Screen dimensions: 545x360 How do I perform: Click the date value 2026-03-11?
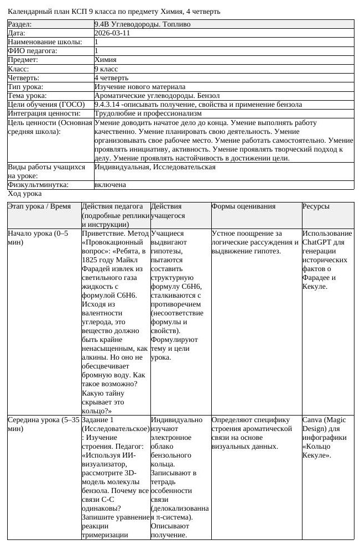(x=113, y=33)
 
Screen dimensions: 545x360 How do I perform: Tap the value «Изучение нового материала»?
(x=140, y=87)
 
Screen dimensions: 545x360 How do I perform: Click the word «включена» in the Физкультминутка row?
(x=110, y=185)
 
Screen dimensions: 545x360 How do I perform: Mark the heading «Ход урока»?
(x=24, y=194)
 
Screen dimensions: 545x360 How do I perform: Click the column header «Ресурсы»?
(x=316, y=206)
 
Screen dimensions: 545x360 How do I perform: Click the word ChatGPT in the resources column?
(x=319, y=242)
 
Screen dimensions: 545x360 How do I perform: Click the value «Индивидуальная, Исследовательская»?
(x=155, y=167)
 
